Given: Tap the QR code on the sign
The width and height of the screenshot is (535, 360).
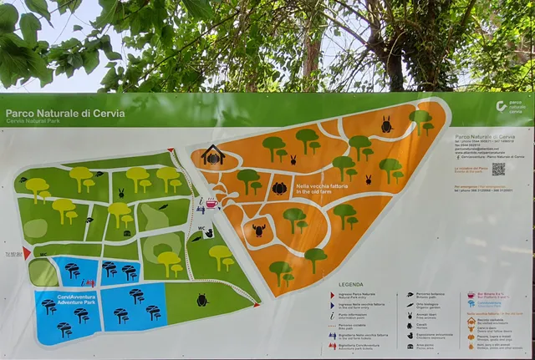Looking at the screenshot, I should (x=498, y=169).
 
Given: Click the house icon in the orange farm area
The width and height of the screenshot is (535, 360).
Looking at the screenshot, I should (x=212, y=155).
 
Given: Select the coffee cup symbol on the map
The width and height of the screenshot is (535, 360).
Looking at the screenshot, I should (x=211, y=203).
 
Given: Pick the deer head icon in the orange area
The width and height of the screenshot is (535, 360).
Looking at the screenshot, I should (x=259, y=230).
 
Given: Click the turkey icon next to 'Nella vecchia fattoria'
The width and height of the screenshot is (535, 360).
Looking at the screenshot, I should (x=279, y=189).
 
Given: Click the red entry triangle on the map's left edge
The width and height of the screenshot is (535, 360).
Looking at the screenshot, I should (x=27, y=253).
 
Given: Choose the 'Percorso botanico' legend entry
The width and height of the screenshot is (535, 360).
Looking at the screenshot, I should (x=431, y=295).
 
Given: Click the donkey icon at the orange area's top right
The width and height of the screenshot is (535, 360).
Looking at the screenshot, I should (x=386, y=125).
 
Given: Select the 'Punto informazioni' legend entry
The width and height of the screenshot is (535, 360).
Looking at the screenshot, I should (x=334, y=317).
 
